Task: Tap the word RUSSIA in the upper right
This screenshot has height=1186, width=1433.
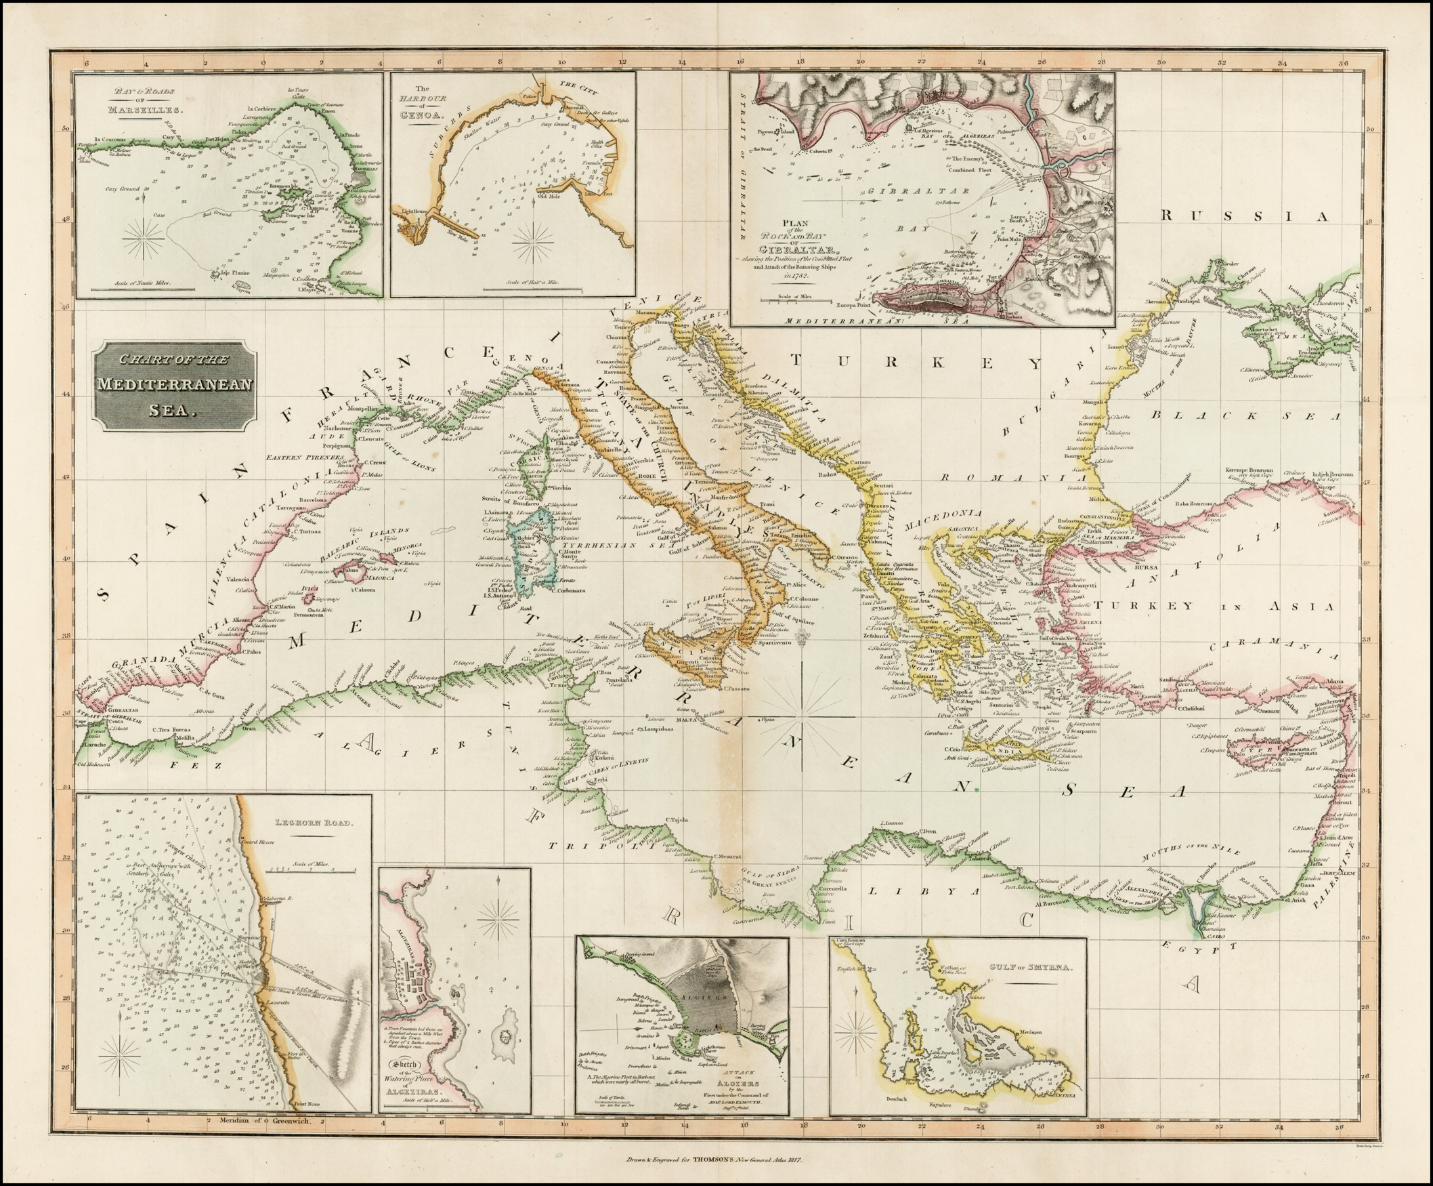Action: [x=1245, y=216]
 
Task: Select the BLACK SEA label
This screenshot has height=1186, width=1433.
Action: [x=1245, y=415]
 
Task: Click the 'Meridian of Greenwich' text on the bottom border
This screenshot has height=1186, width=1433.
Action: [x=265, y=1120]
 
